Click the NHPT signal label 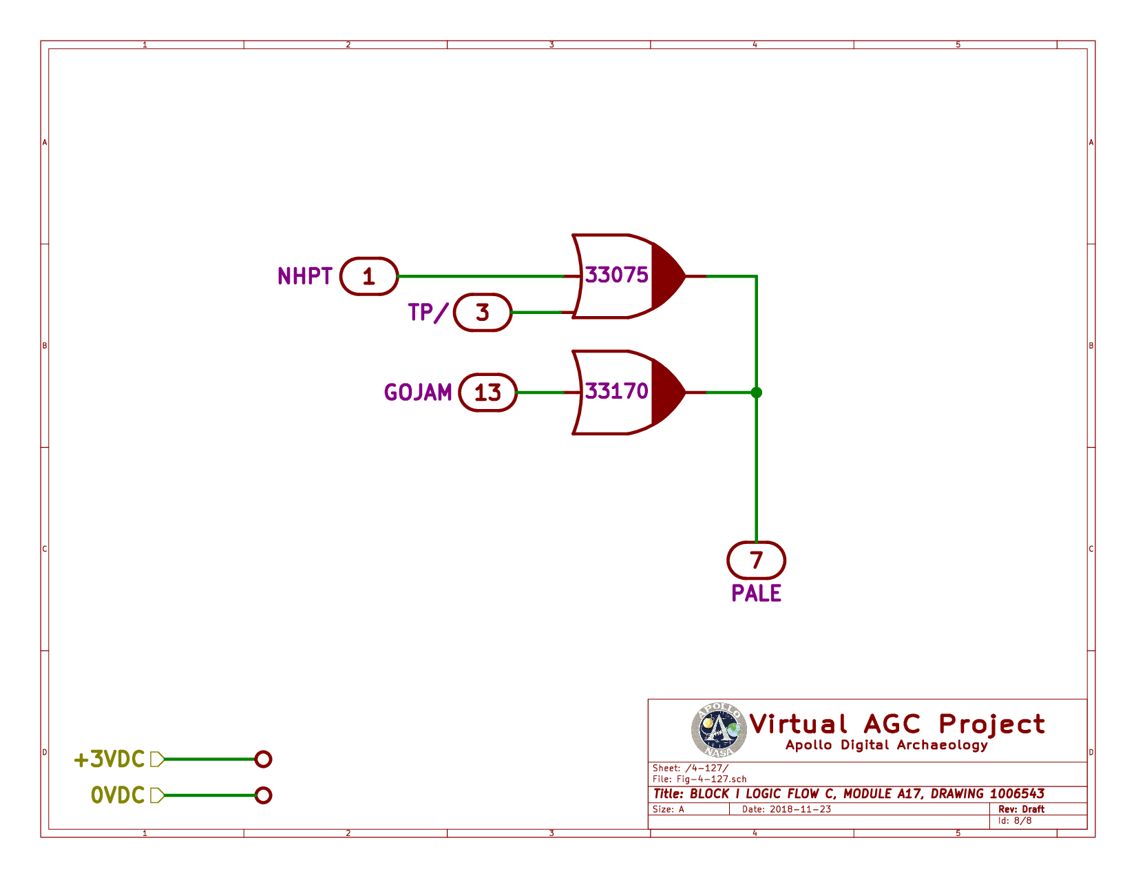(305, 276)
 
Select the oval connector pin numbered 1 (369, 277)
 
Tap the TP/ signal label (428, 313)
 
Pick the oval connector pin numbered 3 (483, 313)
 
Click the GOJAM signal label (418, 393)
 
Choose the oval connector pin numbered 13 (487, 393)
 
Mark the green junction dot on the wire (757, 393)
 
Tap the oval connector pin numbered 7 (757, 561)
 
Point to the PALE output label (757, 594)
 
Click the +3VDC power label (109, 760)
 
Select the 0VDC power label (118, 795)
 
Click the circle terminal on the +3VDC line (263, 760)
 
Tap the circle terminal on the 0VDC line (263, 795)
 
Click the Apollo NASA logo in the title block (719, 729)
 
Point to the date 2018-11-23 (799, 809)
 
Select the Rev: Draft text (1021, 809)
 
